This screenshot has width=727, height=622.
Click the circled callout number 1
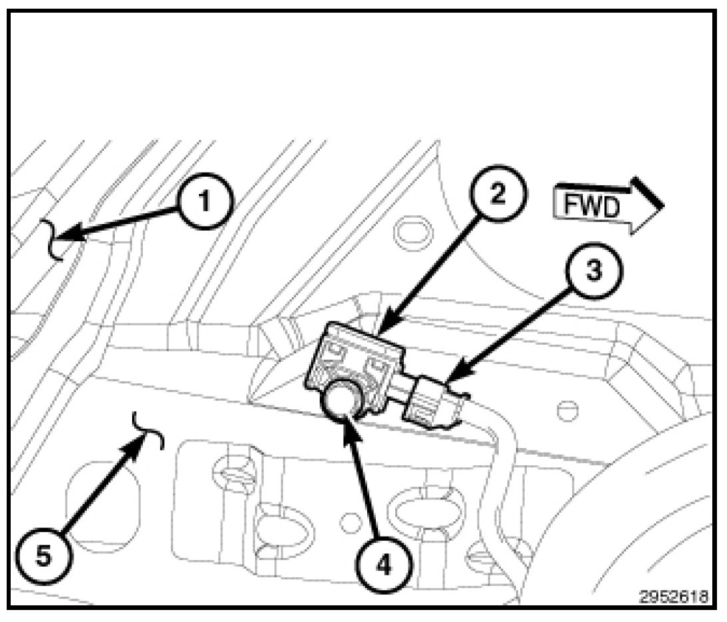pyautogui.click(x=204, y=201)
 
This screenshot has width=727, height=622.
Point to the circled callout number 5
pyautogui.click(x=43, y=555)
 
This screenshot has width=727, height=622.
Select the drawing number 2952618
pyautogui.click(x=675, y=596)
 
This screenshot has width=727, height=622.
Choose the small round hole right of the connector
pyautogui.click(x=567, y=411)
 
